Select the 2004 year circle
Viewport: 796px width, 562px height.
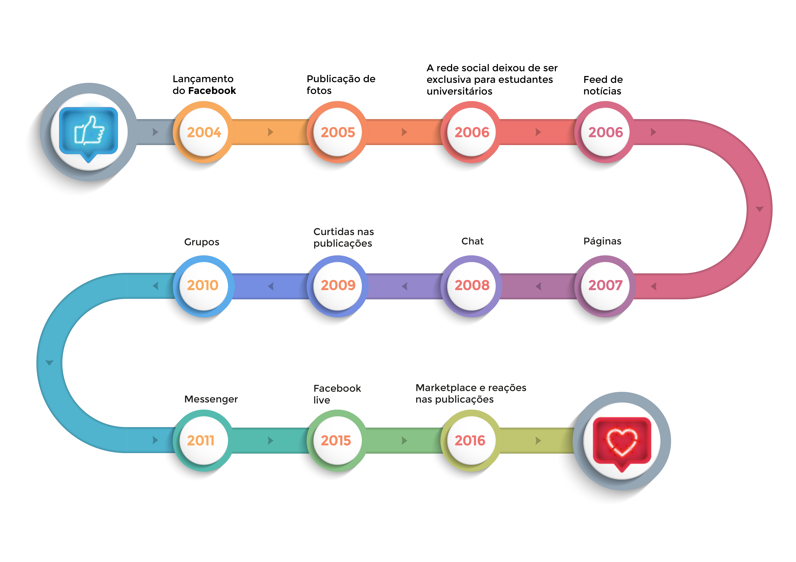[204, 132]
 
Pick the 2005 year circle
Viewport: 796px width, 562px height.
[338, 132]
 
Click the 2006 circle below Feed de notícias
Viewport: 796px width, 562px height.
[605, 132]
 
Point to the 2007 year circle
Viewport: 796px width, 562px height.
[605, 286]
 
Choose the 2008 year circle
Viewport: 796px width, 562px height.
[472, 286]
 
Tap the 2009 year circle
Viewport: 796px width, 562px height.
[338, 286]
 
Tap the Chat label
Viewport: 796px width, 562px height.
[472, 241]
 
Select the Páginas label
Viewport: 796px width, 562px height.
[602, 241]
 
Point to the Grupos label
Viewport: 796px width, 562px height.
[201, 242]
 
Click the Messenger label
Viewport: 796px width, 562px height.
[211, 399]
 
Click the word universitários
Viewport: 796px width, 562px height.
[459, 91]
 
